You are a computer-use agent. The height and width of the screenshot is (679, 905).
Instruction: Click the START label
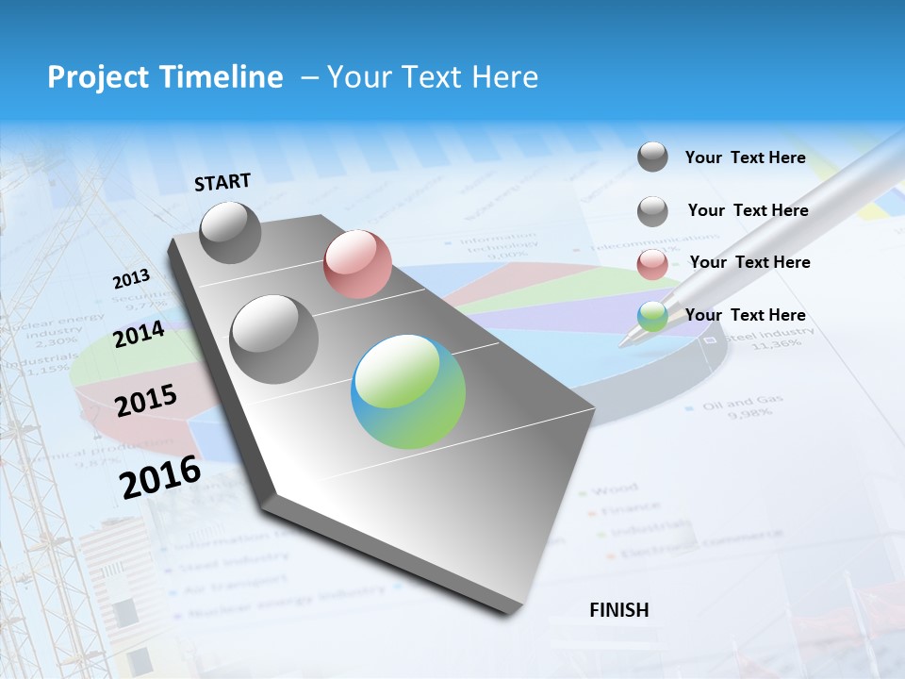click(x=222, y=182)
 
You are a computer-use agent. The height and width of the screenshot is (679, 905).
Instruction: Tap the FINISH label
click(x=618, y=610)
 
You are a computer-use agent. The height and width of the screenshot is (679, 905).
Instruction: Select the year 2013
click(x=131, y=279)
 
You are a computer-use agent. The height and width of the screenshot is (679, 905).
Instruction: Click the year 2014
click(x=140, y=335)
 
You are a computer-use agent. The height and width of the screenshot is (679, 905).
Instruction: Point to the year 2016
click(x=160, y=477)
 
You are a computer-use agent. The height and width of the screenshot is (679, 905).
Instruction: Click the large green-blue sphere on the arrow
click(x=408, y=391)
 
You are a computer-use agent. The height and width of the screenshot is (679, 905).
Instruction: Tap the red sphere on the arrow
click(x=357, y=264)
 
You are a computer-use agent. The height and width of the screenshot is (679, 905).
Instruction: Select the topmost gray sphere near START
click(x=231, y=232)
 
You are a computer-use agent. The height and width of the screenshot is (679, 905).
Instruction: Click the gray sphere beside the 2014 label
click(x=274, y=339)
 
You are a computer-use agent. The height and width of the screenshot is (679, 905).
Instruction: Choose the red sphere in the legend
click(x=652, y=264)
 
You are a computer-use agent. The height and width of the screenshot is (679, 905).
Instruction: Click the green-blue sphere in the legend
click(x=652, y=317)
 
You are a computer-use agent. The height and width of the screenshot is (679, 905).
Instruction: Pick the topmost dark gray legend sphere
click(x=652, y=157)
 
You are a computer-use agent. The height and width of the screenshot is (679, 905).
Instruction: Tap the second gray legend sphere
click(x=652, y=211)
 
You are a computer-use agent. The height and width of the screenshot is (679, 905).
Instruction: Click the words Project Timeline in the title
click(x=165, y=77)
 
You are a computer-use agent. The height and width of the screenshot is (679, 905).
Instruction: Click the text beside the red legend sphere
click(x=749, y=262)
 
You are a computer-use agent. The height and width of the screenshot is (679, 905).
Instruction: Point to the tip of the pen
click(x=623, y=345)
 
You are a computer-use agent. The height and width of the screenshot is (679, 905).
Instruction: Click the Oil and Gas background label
click(x=743, y=401)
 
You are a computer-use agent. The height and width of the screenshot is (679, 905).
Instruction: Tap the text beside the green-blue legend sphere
click(x=745, y=315)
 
